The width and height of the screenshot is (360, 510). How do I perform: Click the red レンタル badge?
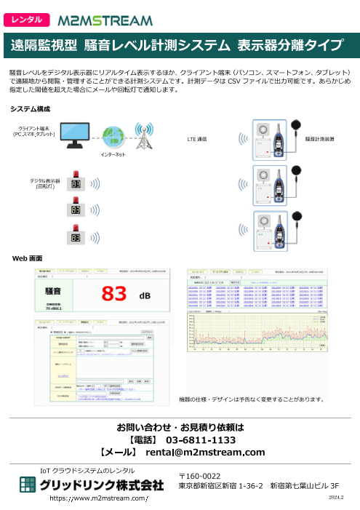[x=28, y=20]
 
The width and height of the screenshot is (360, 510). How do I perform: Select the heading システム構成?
[x=30, y=108]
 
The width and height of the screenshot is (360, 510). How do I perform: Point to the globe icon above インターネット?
[x=114, y=136]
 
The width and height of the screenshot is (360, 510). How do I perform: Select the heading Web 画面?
[x=27, y=258]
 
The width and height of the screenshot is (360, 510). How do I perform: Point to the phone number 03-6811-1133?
[x=201, y=440]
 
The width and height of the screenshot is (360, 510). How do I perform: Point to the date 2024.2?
[x=331, y=497]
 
